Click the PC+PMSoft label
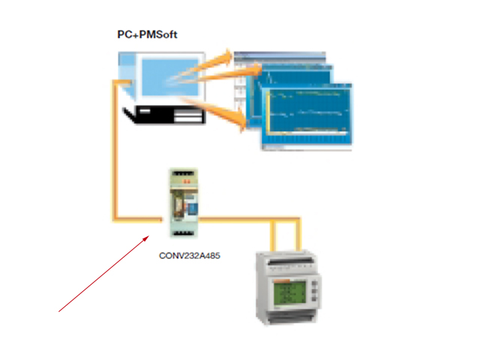[147, 34]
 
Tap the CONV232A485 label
[190, 255]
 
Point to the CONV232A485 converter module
[183, 205]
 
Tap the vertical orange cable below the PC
[114, 150]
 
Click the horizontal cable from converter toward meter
[240, 220]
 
